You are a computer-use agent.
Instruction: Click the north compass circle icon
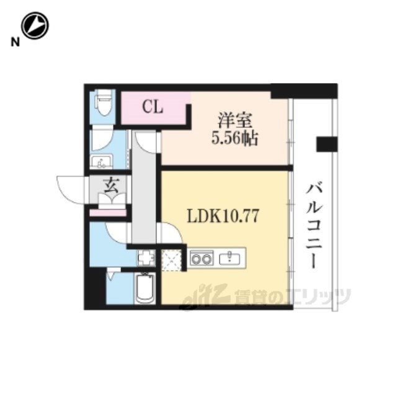[x=35, y=25]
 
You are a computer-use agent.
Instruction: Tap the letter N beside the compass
[x=15, y=42]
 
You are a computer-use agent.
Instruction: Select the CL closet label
[x=153, y=107]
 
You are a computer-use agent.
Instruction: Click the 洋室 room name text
[x=235, y=120]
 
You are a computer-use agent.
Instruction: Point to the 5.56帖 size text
[x=234, y=138]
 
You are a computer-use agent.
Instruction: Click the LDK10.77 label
[x=223, y=216]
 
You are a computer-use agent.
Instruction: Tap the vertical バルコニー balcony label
[x=314, y=225]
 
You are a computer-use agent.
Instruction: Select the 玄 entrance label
[x=111, y=187]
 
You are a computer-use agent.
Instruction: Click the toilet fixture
[x=103, y=102]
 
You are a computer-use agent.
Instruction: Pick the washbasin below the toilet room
[x=101, y=161]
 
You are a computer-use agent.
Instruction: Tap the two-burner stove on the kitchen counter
[x=202, y=258]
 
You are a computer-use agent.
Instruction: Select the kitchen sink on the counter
[x=230, y=258]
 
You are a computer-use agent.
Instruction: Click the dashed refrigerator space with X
[x=172, y=260]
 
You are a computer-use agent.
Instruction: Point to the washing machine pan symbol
[x=146, y=257]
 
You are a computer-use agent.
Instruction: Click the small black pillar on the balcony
[x=327, y=144]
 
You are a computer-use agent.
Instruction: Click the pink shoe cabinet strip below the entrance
[x=108, y=213]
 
